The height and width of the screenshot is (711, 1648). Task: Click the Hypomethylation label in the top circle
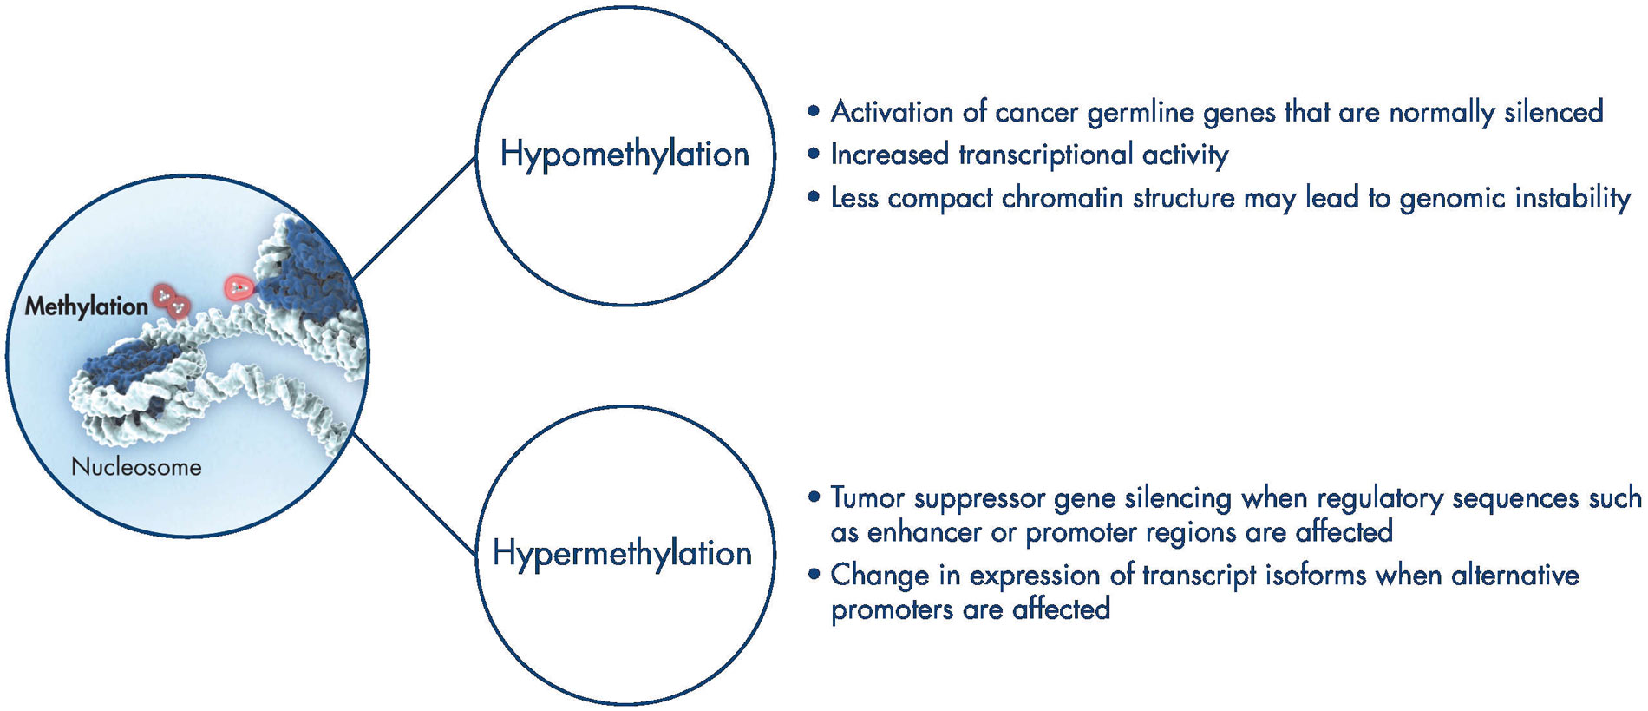(625, 155)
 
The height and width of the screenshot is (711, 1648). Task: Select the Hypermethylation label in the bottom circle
(622, 553)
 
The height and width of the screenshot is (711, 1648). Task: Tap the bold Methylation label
(86, 306)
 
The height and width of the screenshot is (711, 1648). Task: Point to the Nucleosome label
(136, 466)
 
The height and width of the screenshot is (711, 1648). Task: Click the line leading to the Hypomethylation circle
(415, 217)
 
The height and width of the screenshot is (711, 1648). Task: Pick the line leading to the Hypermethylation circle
(415, 495)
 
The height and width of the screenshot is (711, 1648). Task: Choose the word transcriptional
(1045, 155)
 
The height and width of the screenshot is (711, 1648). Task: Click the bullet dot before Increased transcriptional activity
(813, 155)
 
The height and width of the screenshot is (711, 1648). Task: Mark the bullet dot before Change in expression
(813, 575)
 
